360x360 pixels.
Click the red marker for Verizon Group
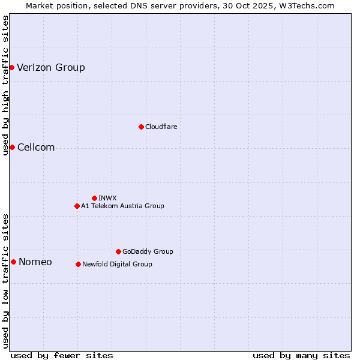[11, 67]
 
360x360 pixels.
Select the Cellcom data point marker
[12, 148]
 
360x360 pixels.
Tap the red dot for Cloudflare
[141, 127]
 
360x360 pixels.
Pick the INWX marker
[94, 198]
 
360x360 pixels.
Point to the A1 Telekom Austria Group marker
[77, 206]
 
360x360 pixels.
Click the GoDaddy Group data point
[118, 251]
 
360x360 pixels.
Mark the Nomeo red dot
[13, 262]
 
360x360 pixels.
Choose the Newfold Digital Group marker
[78, 264]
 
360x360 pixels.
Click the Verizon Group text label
[51, 67]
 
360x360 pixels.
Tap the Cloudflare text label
[161, 127]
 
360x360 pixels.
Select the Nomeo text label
[35, 262]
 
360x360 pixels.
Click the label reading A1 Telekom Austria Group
[122, 206]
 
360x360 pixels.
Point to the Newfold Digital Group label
[117, 264]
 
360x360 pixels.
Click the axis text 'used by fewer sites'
[62, 355]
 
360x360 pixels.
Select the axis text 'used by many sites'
[301, 355]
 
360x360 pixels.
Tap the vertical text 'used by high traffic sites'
[5, 85]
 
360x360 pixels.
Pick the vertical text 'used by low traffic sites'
[5, 281]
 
